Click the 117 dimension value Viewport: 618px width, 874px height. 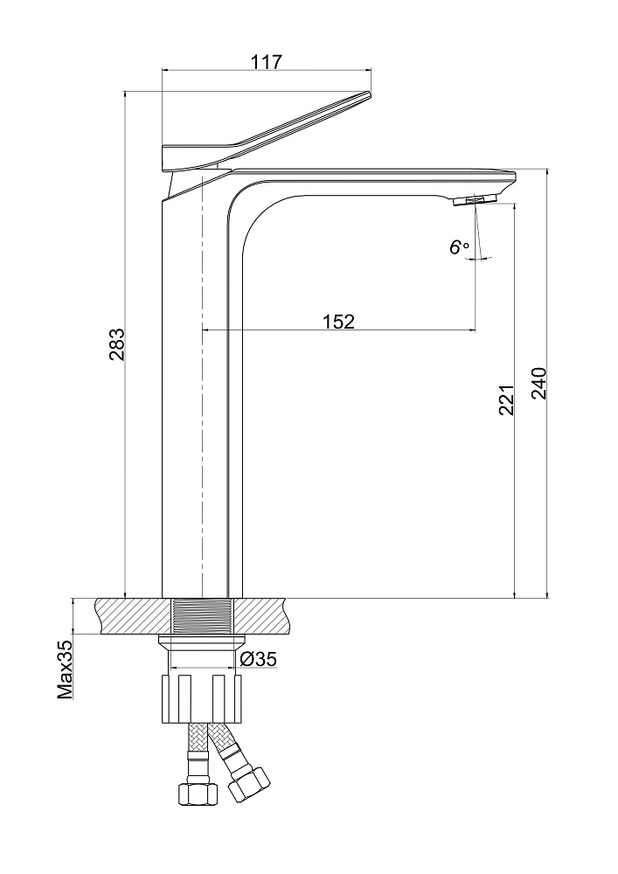267,61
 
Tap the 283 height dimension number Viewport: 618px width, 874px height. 117,345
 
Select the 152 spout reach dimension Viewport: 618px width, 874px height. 338,321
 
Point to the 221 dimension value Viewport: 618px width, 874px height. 506,400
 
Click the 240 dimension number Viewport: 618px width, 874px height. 539,384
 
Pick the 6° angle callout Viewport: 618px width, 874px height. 459,247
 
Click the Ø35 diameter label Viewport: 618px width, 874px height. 259,659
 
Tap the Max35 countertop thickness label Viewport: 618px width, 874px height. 66,669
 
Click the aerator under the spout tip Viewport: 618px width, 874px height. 475,201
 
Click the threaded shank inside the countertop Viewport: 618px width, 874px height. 201,616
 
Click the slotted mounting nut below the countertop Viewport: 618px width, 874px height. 201,699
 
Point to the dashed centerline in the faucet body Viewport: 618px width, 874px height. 202,385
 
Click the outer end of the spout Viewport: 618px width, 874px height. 516,177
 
